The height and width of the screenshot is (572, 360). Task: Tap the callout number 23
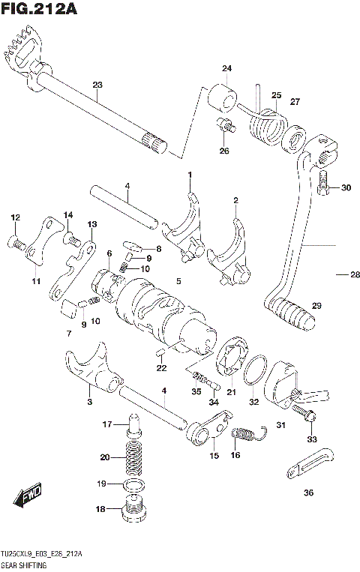tap(97, 84)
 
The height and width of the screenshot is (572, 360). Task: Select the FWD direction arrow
tap(28, 493)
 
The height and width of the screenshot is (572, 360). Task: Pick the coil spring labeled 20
tap(133, 457)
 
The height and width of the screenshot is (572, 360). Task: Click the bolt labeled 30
tap(322, 184)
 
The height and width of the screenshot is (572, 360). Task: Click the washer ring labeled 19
tap(134, 486)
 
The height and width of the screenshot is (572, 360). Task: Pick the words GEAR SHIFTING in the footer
tap(24, 564)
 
